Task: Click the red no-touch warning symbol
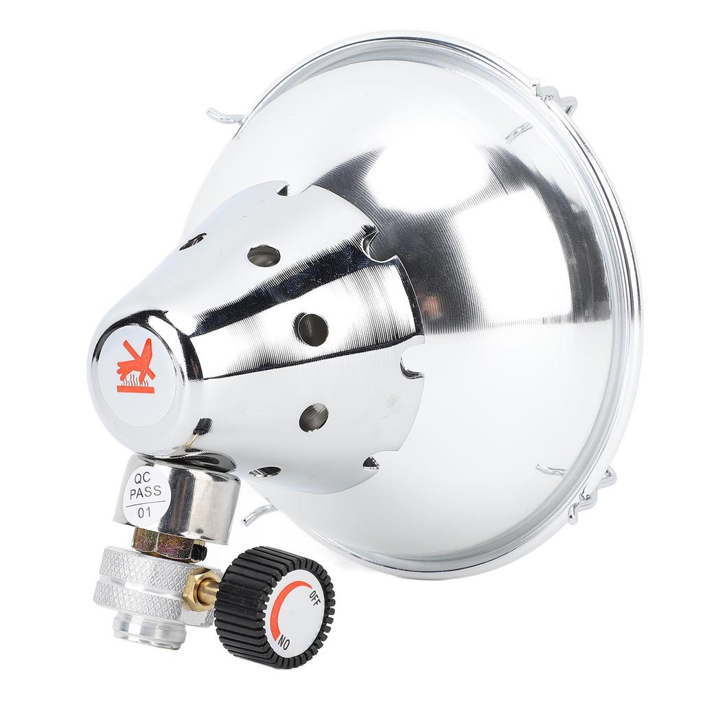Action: pos(136,367)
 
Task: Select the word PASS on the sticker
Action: pos(146,492)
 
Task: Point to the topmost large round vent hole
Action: pos(264,255)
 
